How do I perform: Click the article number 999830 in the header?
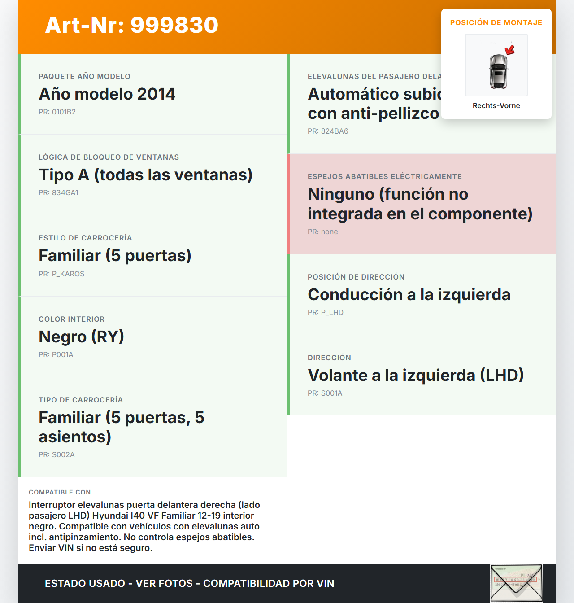(x=174, y=25)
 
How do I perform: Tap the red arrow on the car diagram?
(x=509, y=49)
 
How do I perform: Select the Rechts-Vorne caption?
(x=496, y=106)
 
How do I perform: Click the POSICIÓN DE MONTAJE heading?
(x=496, y=23)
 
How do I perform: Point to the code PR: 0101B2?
(x=57, y=112)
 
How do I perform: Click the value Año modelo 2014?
(x=107, y=94)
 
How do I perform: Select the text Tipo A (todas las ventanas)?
(x=145, y=175)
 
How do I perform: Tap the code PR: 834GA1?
(x=58, y=193)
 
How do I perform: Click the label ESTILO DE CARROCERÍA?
(x=85, y=238)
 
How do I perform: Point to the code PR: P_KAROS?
(x=61, y=274)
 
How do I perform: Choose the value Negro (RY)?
(x=81, y=337)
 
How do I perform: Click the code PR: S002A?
(x=57, y=455)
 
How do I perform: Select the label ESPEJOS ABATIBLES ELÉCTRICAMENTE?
(x=384, y=177)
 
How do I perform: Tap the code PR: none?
(x=322, y=232)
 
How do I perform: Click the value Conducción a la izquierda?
(x=409, y=295)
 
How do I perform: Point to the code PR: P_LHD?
(x=325, y=313)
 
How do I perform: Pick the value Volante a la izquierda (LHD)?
(x=415, y=376)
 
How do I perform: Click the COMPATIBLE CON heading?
(x=60, y=492)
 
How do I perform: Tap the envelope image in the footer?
(x=516, y=583)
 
